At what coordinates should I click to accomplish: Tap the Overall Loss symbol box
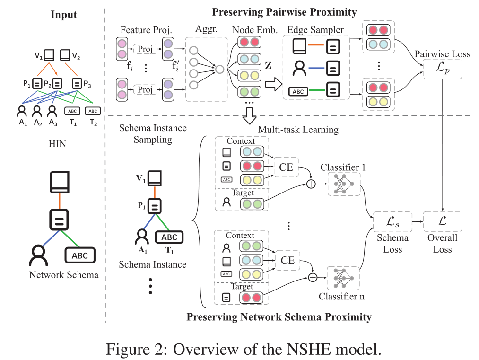pos(442,221)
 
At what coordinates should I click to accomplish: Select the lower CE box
pos(287,260)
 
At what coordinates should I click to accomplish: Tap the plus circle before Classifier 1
pos(311,184)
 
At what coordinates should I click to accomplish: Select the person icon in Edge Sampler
pos(300,69)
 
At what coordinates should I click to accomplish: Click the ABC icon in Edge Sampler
pos(298,92)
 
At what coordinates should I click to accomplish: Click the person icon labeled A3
pos(52,112)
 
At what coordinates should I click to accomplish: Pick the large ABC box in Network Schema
pos(80,255)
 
